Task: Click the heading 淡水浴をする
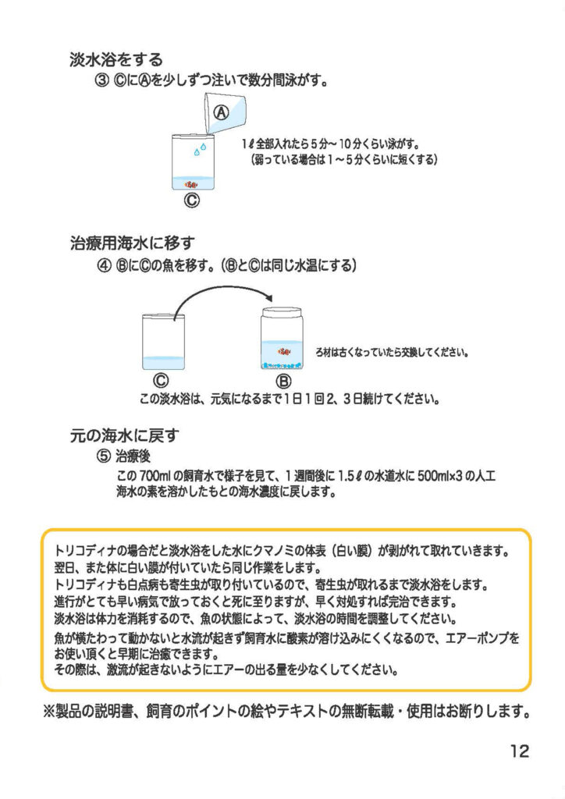(116, 59)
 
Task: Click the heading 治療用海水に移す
(133, 243)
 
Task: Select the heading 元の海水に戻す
(124, 435)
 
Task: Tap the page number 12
(520, 751)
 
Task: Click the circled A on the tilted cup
(221, 112)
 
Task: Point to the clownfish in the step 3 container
(191, 183)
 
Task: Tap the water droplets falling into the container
(201, 149)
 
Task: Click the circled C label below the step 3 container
(191, 201)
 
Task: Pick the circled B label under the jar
(283, 381)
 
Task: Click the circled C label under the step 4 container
(161, 381)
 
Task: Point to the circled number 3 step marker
(102, 81)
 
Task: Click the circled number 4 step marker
(104, 265)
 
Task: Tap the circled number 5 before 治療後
(104, 456)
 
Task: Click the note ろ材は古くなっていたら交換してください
(393, 352)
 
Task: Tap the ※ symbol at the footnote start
(50, 710)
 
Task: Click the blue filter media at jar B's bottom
(282, 365)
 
